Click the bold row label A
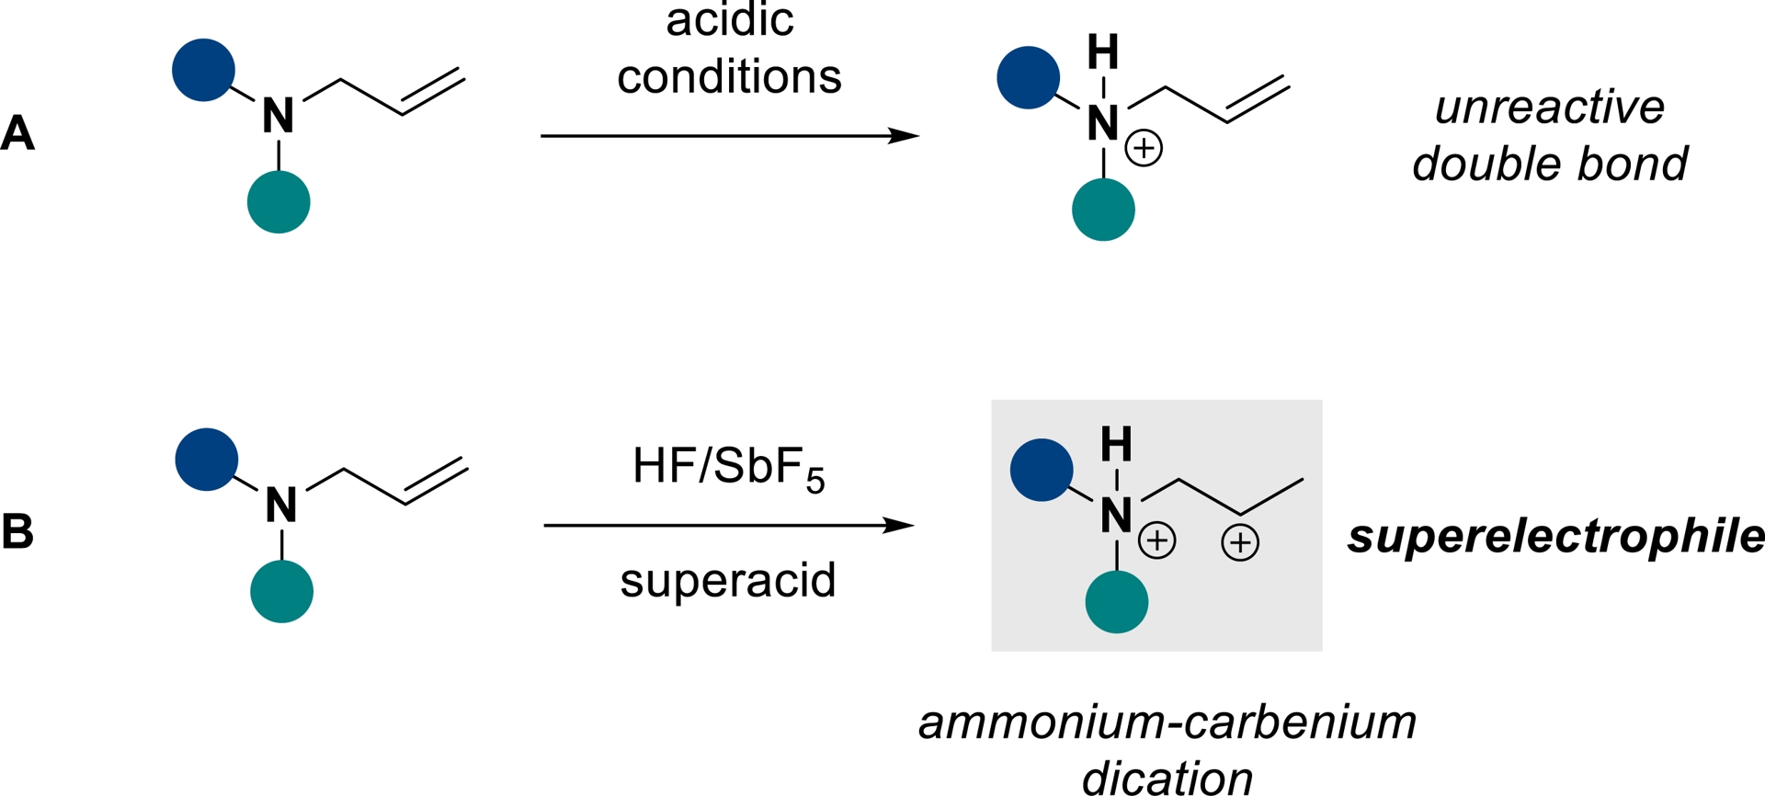17,133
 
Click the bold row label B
17,532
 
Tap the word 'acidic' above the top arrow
729,20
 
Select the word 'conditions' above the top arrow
729,76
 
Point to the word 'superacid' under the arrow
728,580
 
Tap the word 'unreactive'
1550,108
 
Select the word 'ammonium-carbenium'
1167,722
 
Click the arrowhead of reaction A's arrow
905,136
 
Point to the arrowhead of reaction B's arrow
900,526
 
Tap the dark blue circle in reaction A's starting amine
203,70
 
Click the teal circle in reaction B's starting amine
281,592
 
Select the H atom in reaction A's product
1103,52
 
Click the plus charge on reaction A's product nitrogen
1144,148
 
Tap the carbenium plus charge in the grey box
1240,542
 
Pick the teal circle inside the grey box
1117,602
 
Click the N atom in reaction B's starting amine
281,505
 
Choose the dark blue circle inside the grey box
1042,470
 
